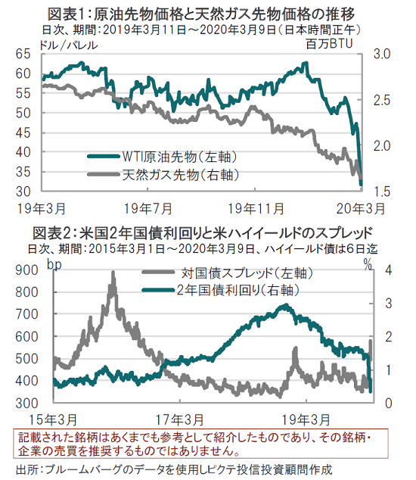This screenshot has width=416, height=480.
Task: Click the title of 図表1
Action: (201, 14)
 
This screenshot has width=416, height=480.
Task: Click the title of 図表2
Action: (203, 233)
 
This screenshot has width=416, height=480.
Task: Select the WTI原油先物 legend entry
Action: (163, 157)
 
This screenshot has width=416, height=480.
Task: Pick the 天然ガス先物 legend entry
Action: (163, 174)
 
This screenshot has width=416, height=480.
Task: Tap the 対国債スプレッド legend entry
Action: (228, 273)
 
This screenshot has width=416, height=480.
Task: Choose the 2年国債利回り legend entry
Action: (221, 290)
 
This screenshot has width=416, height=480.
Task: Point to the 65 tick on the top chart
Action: (23, 54)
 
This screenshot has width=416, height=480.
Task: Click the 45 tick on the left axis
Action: (23, 132)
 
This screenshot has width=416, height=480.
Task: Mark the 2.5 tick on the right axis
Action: (382, 100)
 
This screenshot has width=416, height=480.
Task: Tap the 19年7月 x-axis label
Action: (148, 209)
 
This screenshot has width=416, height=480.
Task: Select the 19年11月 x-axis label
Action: (256, 209)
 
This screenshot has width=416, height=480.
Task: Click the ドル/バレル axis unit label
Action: (69, 45)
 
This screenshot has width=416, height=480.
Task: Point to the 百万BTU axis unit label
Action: (329, 44)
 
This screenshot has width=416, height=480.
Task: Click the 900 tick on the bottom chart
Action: (27, 270)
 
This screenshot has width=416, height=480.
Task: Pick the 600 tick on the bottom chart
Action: (27, 337)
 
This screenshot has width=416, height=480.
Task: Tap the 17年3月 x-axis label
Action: (180, 419)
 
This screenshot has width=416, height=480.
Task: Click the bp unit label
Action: (54, 264)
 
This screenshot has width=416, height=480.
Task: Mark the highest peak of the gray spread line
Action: (113, 272)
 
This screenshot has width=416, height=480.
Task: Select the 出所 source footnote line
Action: (174, 469)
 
